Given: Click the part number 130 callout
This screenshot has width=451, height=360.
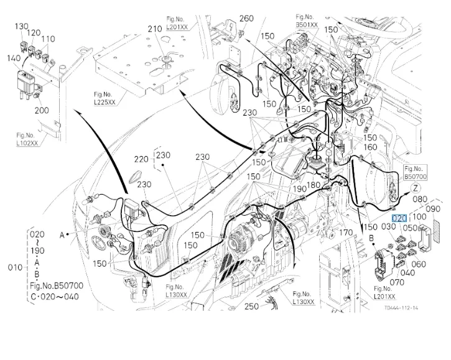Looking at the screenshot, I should click(22, 27).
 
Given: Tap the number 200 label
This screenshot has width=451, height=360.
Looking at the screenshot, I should click(42, 110).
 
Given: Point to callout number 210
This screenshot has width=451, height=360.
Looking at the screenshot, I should click(155, 29).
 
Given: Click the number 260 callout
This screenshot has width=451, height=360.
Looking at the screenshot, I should click(246, 18).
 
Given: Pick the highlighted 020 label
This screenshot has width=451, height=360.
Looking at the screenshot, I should click(399, 218).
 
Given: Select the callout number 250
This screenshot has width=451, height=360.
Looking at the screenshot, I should click(251, 306).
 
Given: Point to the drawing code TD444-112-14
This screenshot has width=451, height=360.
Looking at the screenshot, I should click(401, 308).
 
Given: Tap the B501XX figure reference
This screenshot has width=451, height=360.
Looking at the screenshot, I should click(307, 25).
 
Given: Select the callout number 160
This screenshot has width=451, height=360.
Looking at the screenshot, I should click(370, 147).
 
